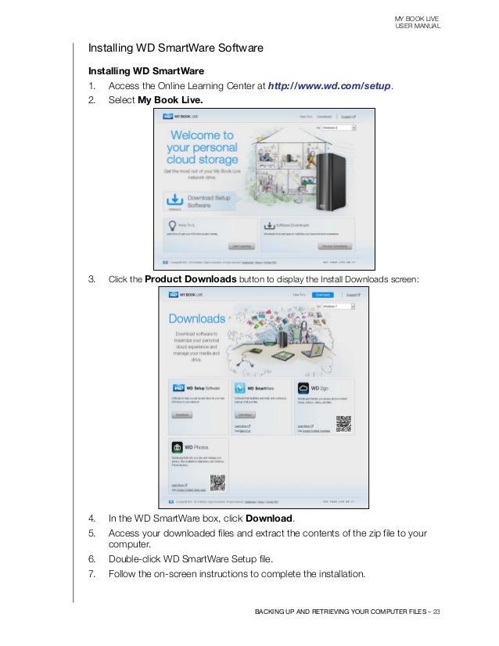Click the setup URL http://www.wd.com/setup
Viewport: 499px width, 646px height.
329,86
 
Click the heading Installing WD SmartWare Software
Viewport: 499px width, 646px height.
175,48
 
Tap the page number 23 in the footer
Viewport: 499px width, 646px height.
436,612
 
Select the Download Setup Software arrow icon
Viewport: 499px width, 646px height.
175,199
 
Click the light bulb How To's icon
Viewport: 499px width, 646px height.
171,224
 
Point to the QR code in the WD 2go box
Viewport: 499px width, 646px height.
344,424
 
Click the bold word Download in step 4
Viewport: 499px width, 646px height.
269,519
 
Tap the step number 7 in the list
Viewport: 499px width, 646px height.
92,574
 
